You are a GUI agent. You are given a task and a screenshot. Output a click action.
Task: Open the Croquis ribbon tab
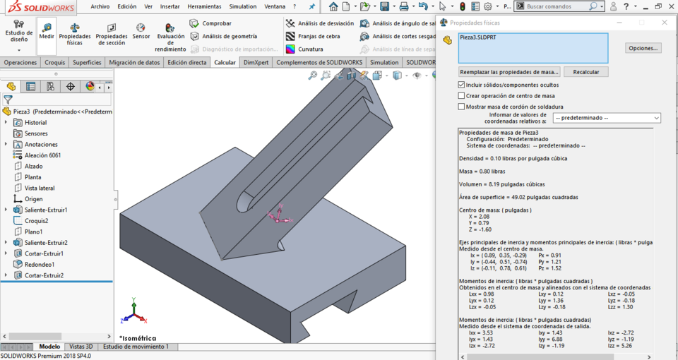(54, 62)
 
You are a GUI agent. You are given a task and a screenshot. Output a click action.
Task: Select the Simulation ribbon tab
(384, 62)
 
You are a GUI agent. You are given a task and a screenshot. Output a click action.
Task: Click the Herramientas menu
(204, 6)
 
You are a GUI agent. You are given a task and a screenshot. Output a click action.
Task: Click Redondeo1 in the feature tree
(39, 264)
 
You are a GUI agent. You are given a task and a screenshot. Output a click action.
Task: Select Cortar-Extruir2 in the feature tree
(44, 275)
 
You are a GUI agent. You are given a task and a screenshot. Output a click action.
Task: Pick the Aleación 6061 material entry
(42, 155)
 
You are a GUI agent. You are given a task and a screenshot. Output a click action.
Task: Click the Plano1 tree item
(33, 232)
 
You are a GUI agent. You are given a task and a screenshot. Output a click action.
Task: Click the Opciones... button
(643, 48)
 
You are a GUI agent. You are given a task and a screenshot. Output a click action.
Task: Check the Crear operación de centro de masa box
(462, 96)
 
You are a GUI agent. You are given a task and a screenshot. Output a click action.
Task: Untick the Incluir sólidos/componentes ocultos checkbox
(462, 85)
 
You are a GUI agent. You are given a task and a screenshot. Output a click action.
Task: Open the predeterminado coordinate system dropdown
(607, 118)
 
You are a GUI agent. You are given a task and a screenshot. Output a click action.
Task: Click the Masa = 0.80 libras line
(482, 172)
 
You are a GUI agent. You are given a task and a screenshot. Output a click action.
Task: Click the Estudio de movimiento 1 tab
(136, 347)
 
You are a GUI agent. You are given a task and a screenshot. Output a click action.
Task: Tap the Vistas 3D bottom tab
(81, 347)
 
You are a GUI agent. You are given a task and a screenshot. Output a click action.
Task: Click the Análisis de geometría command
(230, 36)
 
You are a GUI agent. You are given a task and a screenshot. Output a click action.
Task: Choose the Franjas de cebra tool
(319, 36)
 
